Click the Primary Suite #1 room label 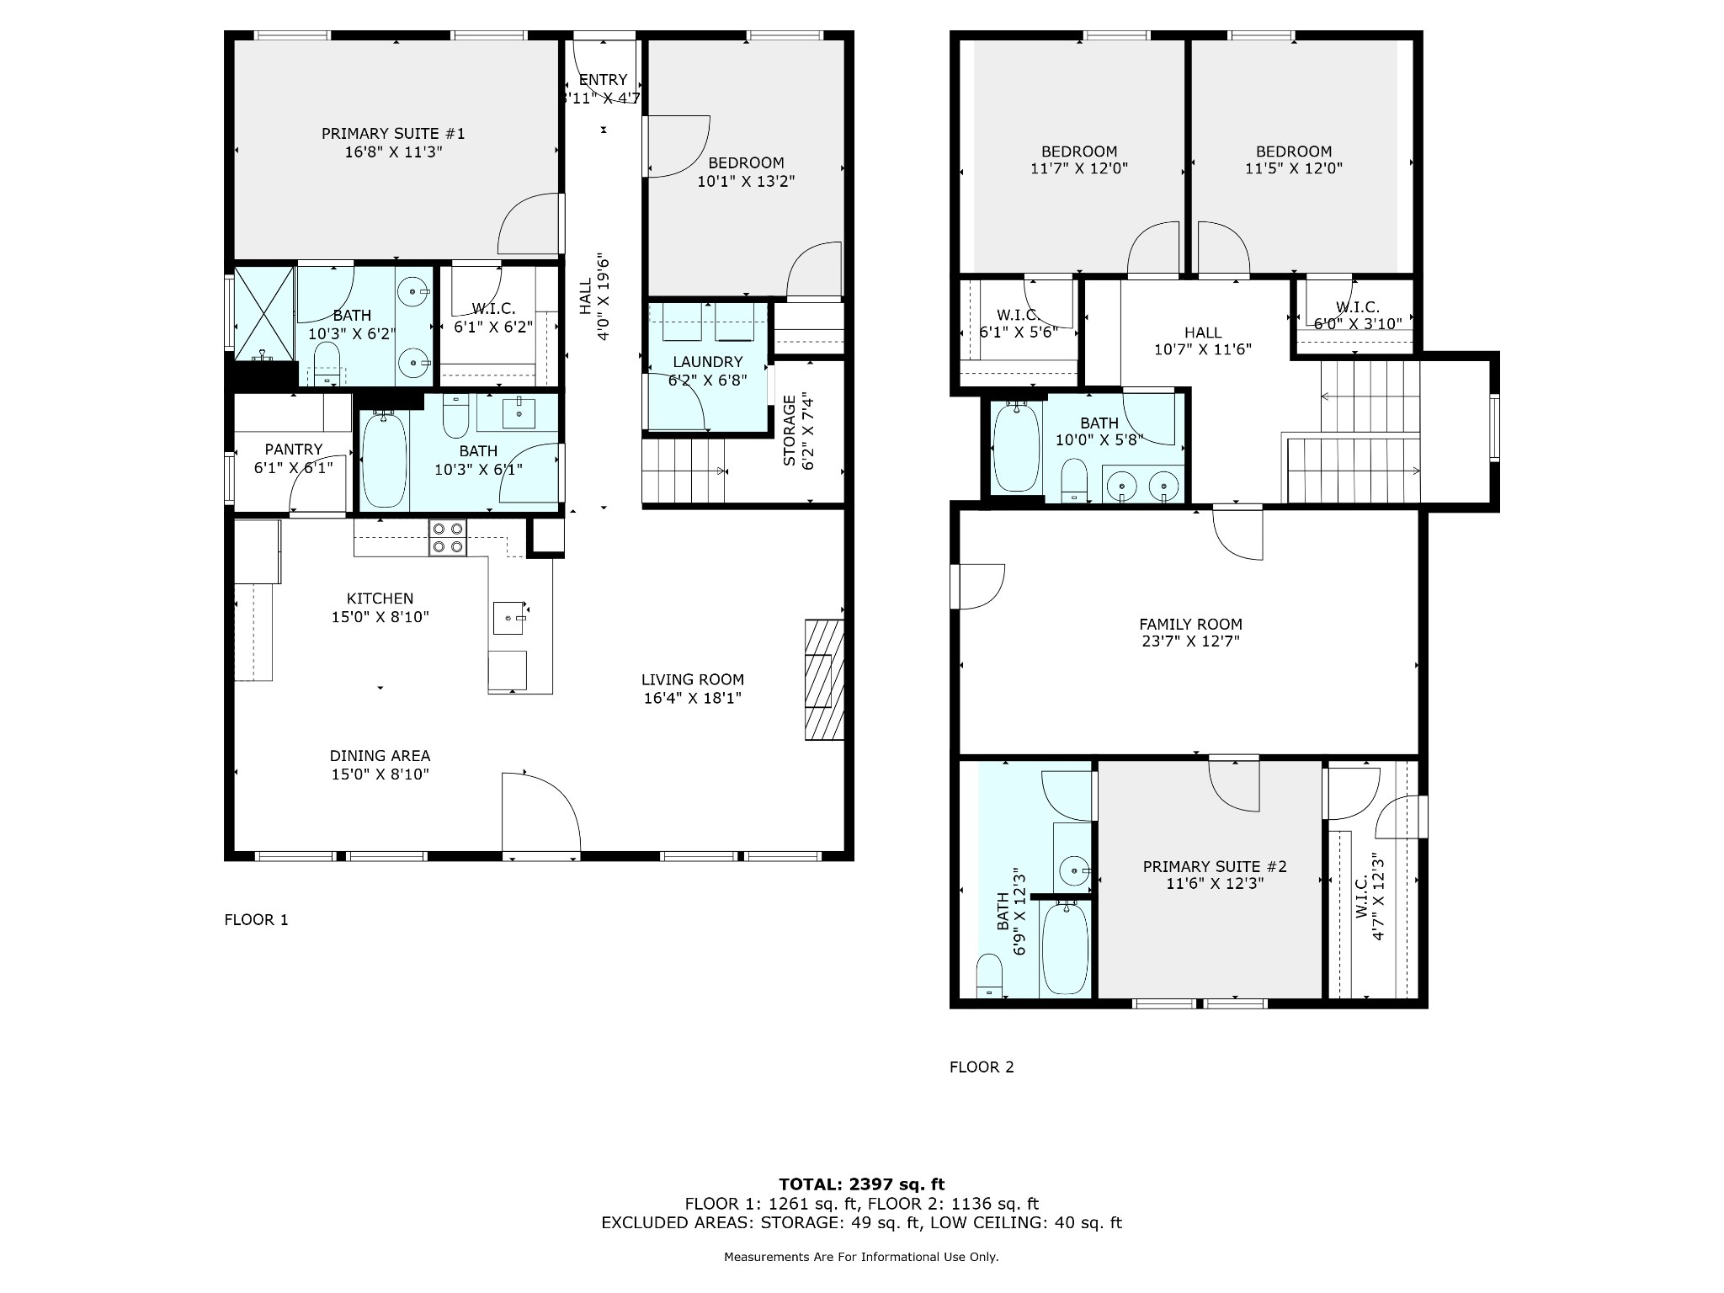(x=393, y=134)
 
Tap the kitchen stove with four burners (x=447, y=538)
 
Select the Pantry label (x=294, y=450)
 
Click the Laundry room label (x=707, y=362)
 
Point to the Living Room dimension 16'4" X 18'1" (x=693, y=698)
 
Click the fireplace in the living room (x=824, y=679)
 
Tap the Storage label (x=790, y=430)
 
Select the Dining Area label (x=380, y=756)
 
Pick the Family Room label (x=1190, y=625)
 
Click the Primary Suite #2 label (x=1215, y=867)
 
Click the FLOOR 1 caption (x=256, y=920)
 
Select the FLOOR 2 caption (x=982, y=1067)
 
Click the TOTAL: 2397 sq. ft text (x=861, y=1185)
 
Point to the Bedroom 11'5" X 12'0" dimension (x=1294, y=168)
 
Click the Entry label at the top (x=604, y=80)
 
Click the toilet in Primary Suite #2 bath (x=990, y=977)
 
